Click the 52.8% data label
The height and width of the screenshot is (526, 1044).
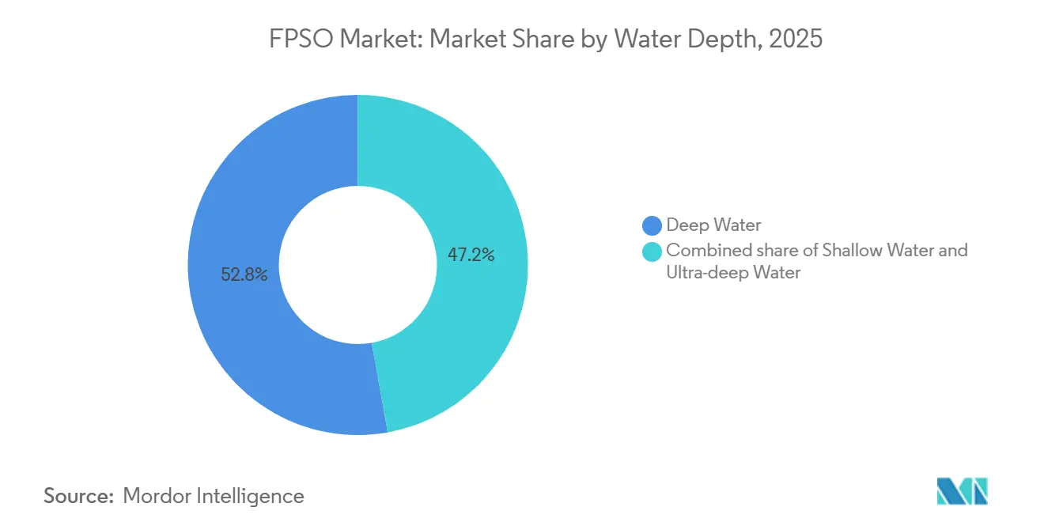coord(244,275)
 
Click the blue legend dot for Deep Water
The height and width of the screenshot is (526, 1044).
coord(652,226)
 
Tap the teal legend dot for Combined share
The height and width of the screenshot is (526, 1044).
coord(652,252)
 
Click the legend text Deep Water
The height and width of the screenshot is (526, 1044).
coord(713,226)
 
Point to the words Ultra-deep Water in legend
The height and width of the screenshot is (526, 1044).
coord(733,273)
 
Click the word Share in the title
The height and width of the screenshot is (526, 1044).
coord(546,40)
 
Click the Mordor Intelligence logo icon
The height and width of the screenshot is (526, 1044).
coord(962,491)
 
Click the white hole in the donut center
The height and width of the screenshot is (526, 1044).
coord(357,265)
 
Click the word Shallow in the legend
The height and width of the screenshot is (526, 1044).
coord(851,251)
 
